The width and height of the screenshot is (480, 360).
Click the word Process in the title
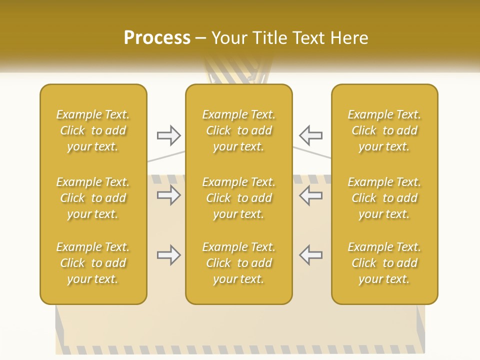pos(157,37)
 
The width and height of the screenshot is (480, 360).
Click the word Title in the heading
pos(269,38)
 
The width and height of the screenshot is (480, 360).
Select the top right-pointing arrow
pos(168,135)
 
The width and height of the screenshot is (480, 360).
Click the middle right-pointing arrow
pos(168,195)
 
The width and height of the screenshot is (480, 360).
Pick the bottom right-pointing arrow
pos(168,255)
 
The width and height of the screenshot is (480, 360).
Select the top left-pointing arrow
pos(310,135)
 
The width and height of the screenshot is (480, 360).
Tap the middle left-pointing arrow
pos(310,195)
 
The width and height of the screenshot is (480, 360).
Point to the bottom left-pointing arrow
pos(310,255)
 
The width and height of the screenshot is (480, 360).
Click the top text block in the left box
pos(93,130)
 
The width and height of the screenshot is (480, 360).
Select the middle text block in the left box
pos(93,198)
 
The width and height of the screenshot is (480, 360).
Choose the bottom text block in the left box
pos(93,263)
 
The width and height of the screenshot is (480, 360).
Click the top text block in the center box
pos(238,130)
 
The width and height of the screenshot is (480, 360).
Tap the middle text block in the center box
pos(238,198)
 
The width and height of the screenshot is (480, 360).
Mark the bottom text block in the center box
pos(238,263)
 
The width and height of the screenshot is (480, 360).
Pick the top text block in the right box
pos(384,130)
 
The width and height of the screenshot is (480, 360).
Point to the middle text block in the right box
pos(384,198)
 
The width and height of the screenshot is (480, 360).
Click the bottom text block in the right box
pos(384,263)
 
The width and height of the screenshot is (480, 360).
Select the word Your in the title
pos(229,38)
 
